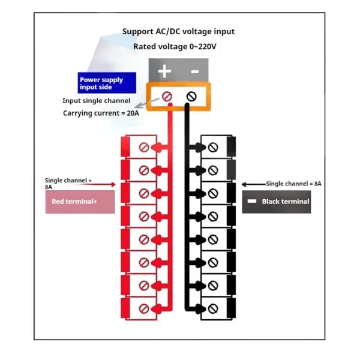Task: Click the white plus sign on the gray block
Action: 164,71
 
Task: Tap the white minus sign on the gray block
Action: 195,71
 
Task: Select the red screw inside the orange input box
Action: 167,97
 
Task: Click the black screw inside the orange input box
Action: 191,97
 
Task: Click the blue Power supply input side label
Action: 107,83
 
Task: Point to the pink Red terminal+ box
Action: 80,202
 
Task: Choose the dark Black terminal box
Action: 277,202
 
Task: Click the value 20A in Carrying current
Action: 133,113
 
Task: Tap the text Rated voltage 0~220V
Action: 175,47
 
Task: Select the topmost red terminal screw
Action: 144,148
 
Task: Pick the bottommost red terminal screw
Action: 144,309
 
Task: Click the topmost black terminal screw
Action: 213,148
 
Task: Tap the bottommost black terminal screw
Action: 213,309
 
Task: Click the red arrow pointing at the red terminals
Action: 101,184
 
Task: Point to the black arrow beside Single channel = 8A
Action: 254,184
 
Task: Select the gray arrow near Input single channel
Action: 147,103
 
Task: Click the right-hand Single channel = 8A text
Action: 293,184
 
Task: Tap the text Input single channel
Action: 97,101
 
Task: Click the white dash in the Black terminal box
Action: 252,202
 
